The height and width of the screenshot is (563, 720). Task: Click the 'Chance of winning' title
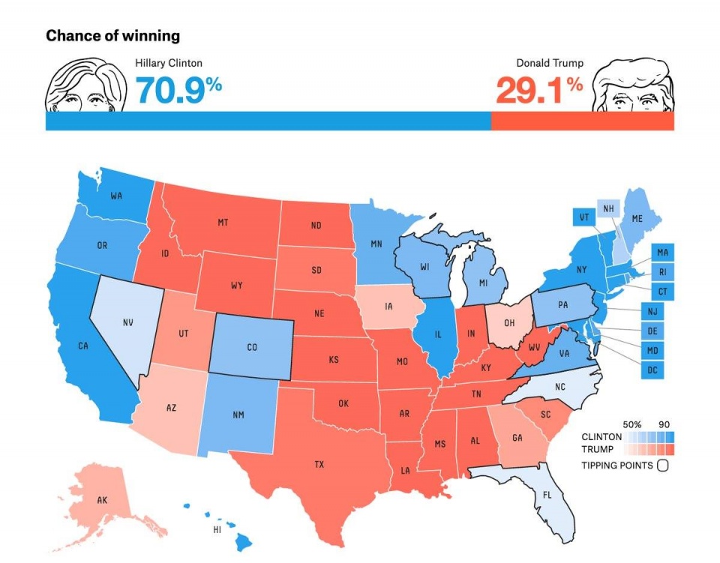[112, 36]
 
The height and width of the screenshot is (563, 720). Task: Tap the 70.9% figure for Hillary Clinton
[178, 90]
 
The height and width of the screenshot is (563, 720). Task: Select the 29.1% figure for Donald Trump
[538, 90]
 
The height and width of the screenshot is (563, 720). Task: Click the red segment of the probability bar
[582, 121]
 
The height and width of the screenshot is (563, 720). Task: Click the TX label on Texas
[319, 465]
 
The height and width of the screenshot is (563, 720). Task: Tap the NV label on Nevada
[127, 323]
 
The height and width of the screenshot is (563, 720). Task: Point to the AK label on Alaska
[103, 499]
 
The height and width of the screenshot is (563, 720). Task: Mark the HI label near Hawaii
[217, 530]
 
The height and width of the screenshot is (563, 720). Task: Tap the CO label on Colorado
[253, 347]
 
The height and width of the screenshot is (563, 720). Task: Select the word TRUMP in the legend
[598, 449]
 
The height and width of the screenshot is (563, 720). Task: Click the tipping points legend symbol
[662, 465]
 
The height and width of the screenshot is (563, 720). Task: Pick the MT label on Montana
[223, 223]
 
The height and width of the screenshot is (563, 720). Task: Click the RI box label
[661, 272]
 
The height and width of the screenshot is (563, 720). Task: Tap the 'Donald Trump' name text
[549, 64]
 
